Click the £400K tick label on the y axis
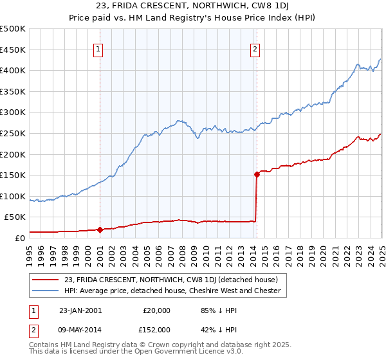click(x=13, y=70)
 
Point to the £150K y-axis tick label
click(x=13, y=175)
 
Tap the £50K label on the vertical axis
click(x=15, y=217)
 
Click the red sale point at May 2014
click(x=257, y=174)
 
